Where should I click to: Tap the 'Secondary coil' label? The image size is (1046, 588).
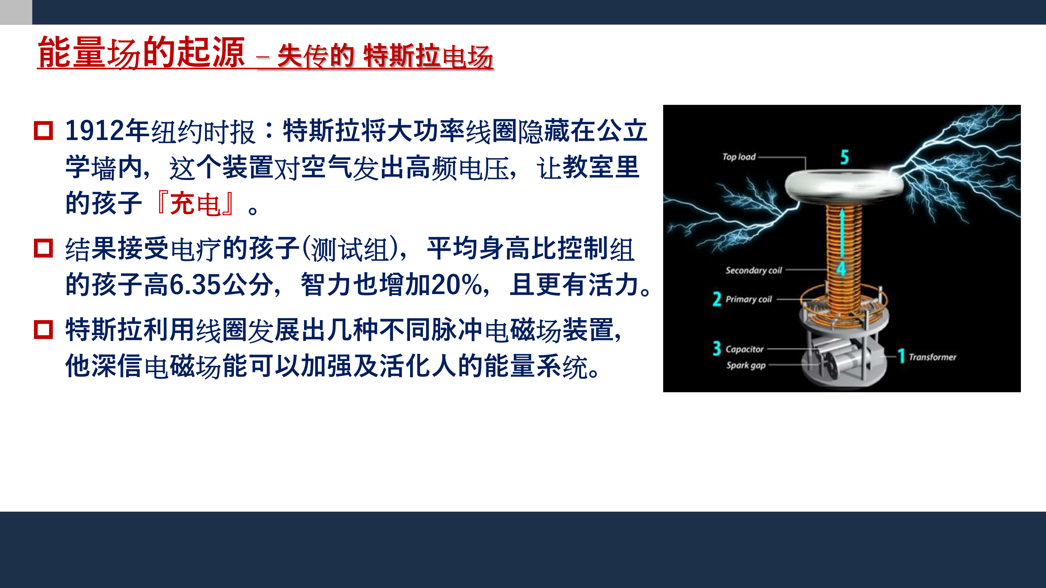point(753,270)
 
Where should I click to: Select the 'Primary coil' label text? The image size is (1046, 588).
point(748,300)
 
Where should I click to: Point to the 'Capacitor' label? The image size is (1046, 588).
point(744,349)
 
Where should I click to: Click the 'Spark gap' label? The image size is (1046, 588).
point(746,365)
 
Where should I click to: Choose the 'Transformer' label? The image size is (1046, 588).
point(932,357)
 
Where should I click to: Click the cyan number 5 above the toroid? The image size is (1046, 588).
point(844,157)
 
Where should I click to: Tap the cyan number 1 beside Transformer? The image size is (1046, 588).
point(901,356)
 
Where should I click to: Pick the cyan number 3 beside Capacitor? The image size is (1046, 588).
point(717,348)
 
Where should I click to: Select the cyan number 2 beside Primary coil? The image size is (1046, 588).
point(717,299)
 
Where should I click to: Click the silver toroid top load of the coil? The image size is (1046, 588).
point(844,185)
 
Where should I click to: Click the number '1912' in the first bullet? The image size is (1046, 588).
point(94,131)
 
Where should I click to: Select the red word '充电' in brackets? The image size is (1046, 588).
point(195,204)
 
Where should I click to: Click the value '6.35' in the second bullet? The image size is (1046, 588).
point(195,285)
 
